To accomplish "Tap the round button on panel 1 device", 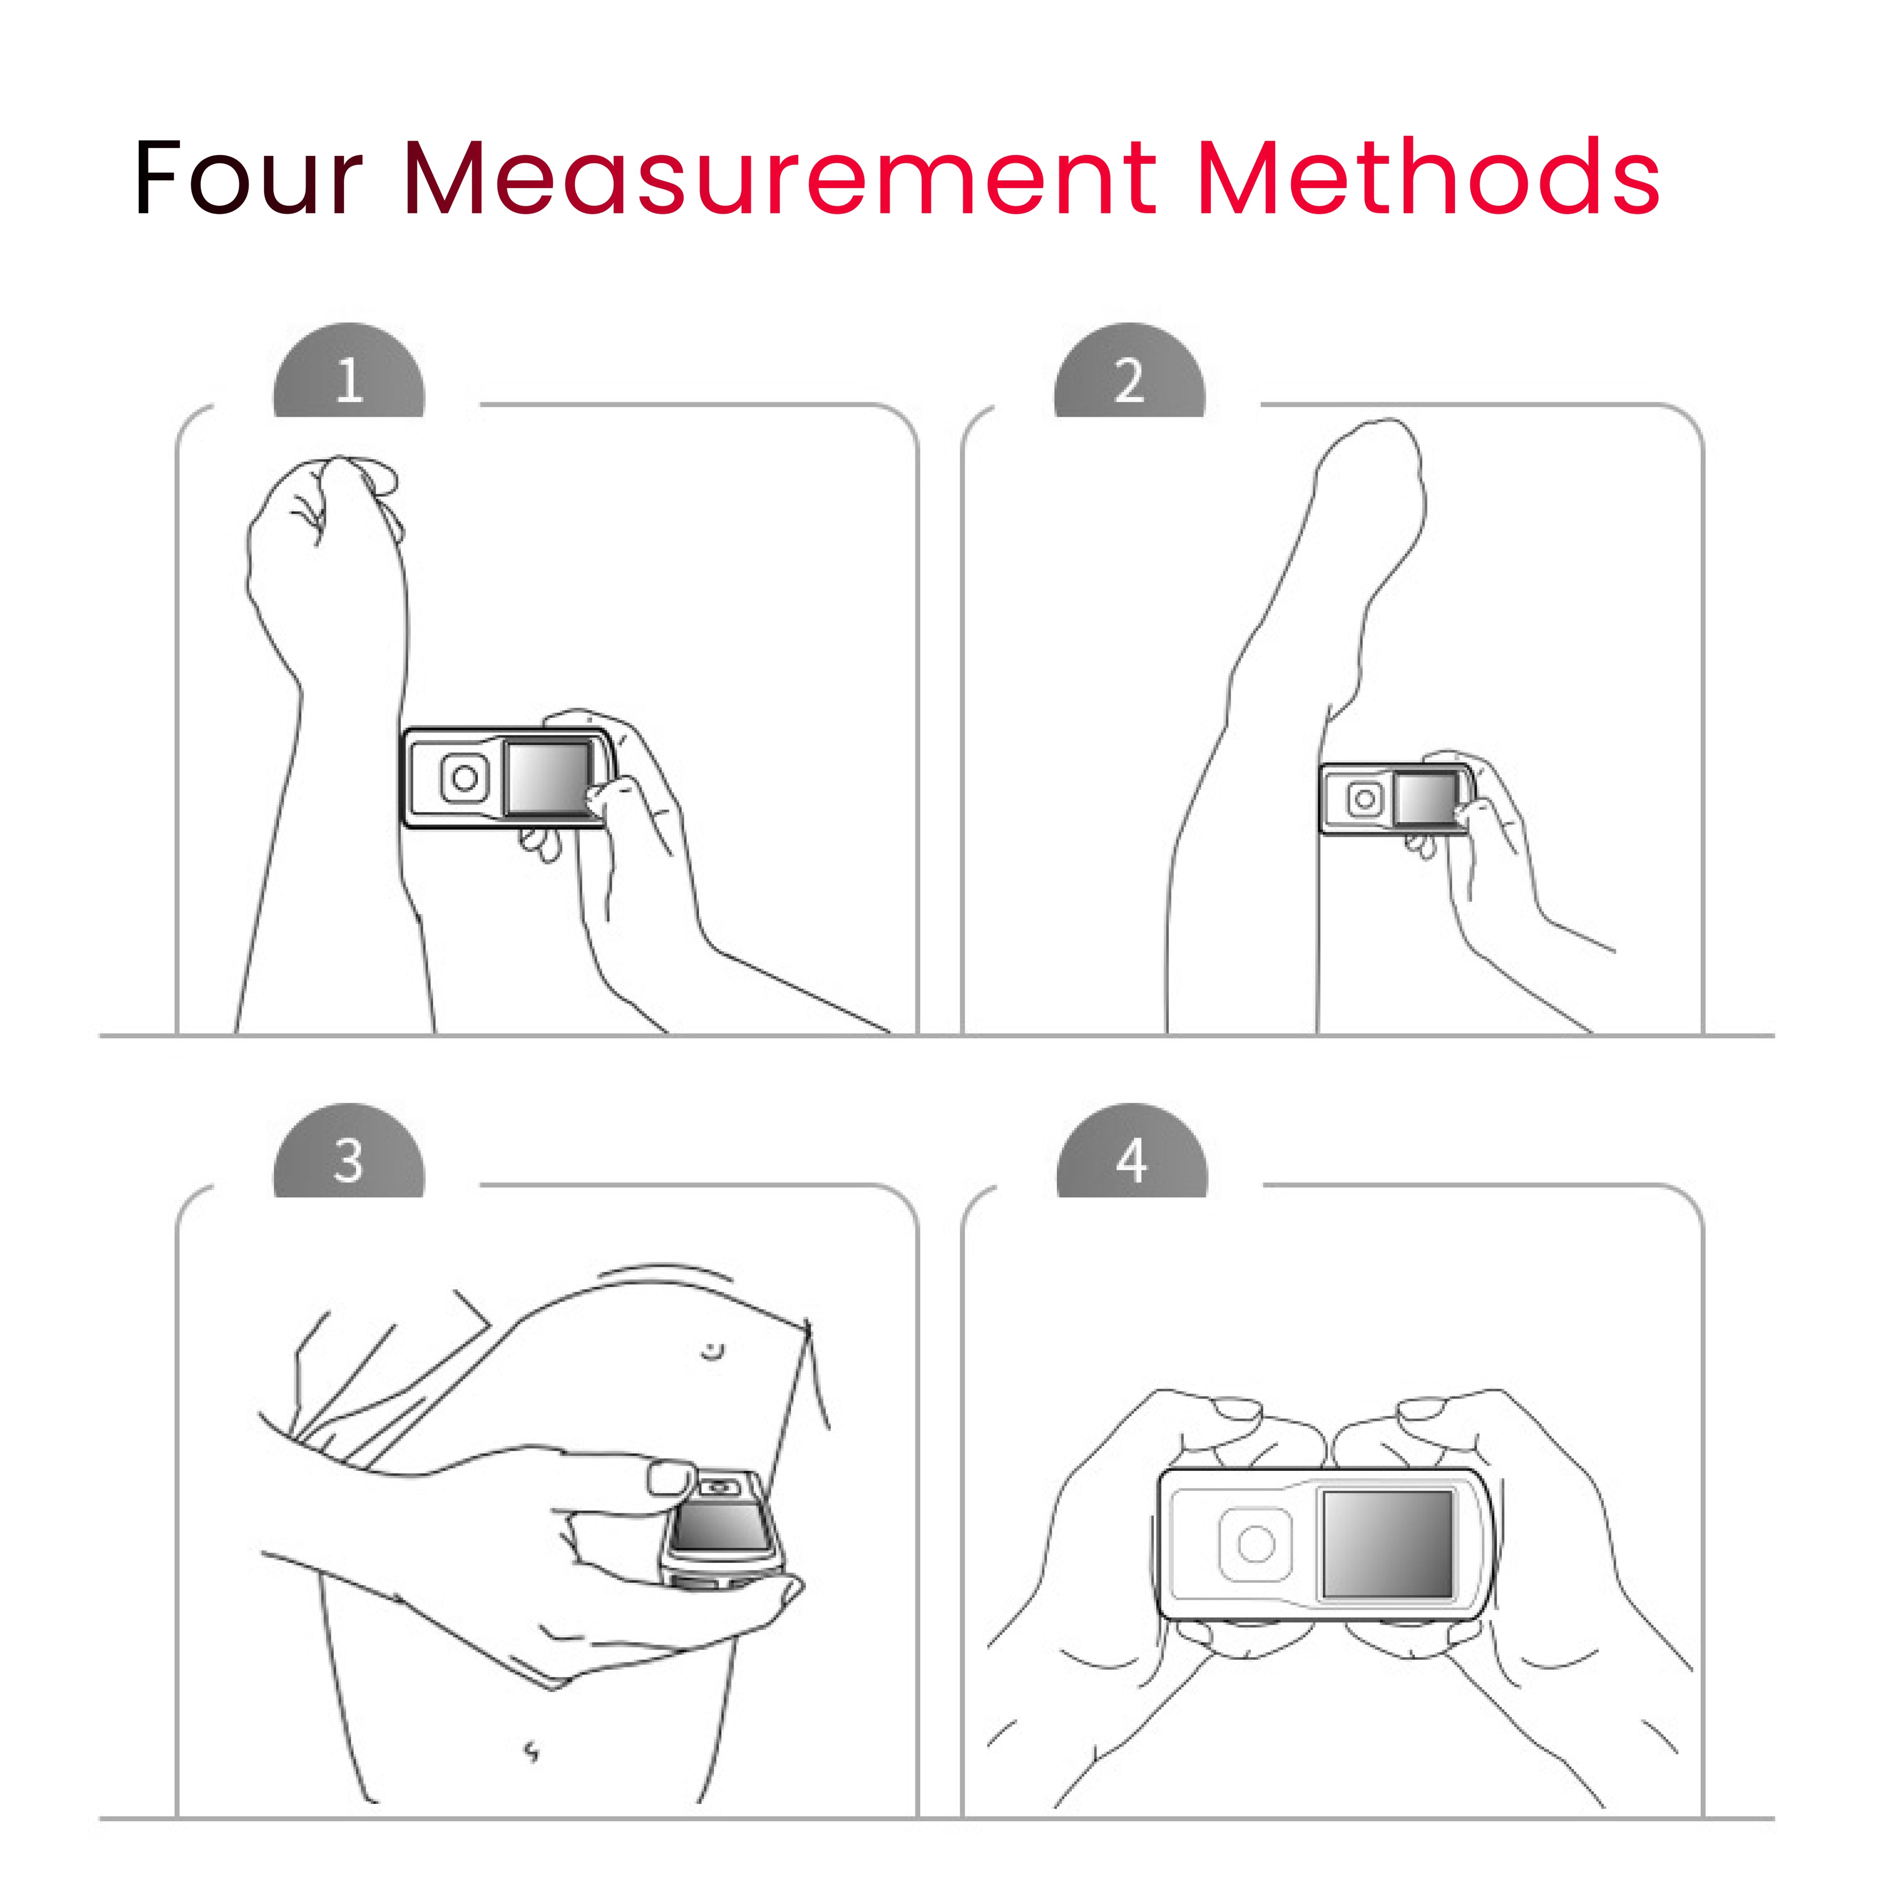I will coord(464,778).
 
